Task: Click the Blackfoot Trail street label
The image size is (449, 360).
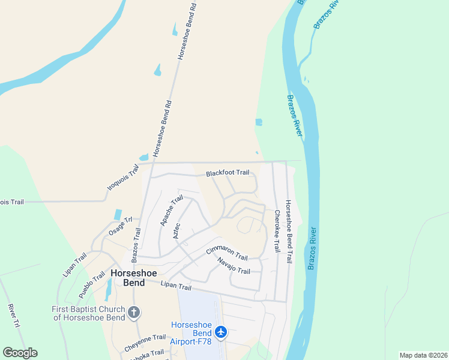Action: tap(227, 173)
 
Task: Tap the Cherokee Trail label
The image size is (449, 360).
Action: tap(277, 230)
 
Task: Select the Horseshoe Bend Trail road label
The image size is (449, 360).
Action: tap(288, 232)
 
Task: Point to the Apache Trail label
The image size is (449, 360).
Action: tap(171, 211)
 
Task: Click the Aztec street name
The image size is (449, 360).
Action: tap(176, 230)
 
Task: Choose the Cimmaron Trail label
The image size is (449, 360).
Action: tap(227, 253)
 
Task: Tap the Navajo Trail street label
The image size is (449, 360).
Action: tap(234, 266)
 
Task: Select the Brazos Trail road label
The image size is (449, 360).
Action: tap(136, 245)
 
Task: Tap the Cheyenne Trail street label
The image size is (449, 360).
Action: tap(145, 343)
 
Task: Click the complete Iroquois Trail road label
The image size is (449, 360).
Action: tap(122, 178)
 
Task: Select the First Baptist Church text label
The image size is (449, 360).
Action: tap(88, 313)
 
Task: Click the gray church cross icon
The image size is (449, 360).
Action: tap(134, 312)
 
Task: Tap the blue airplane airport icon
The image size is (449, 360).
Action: tap(221, 331)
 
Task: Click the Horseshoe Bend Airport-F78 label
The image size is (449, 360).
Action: tap(191, 333)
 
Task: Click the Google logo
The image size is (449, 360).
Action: tap(20, 353)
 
